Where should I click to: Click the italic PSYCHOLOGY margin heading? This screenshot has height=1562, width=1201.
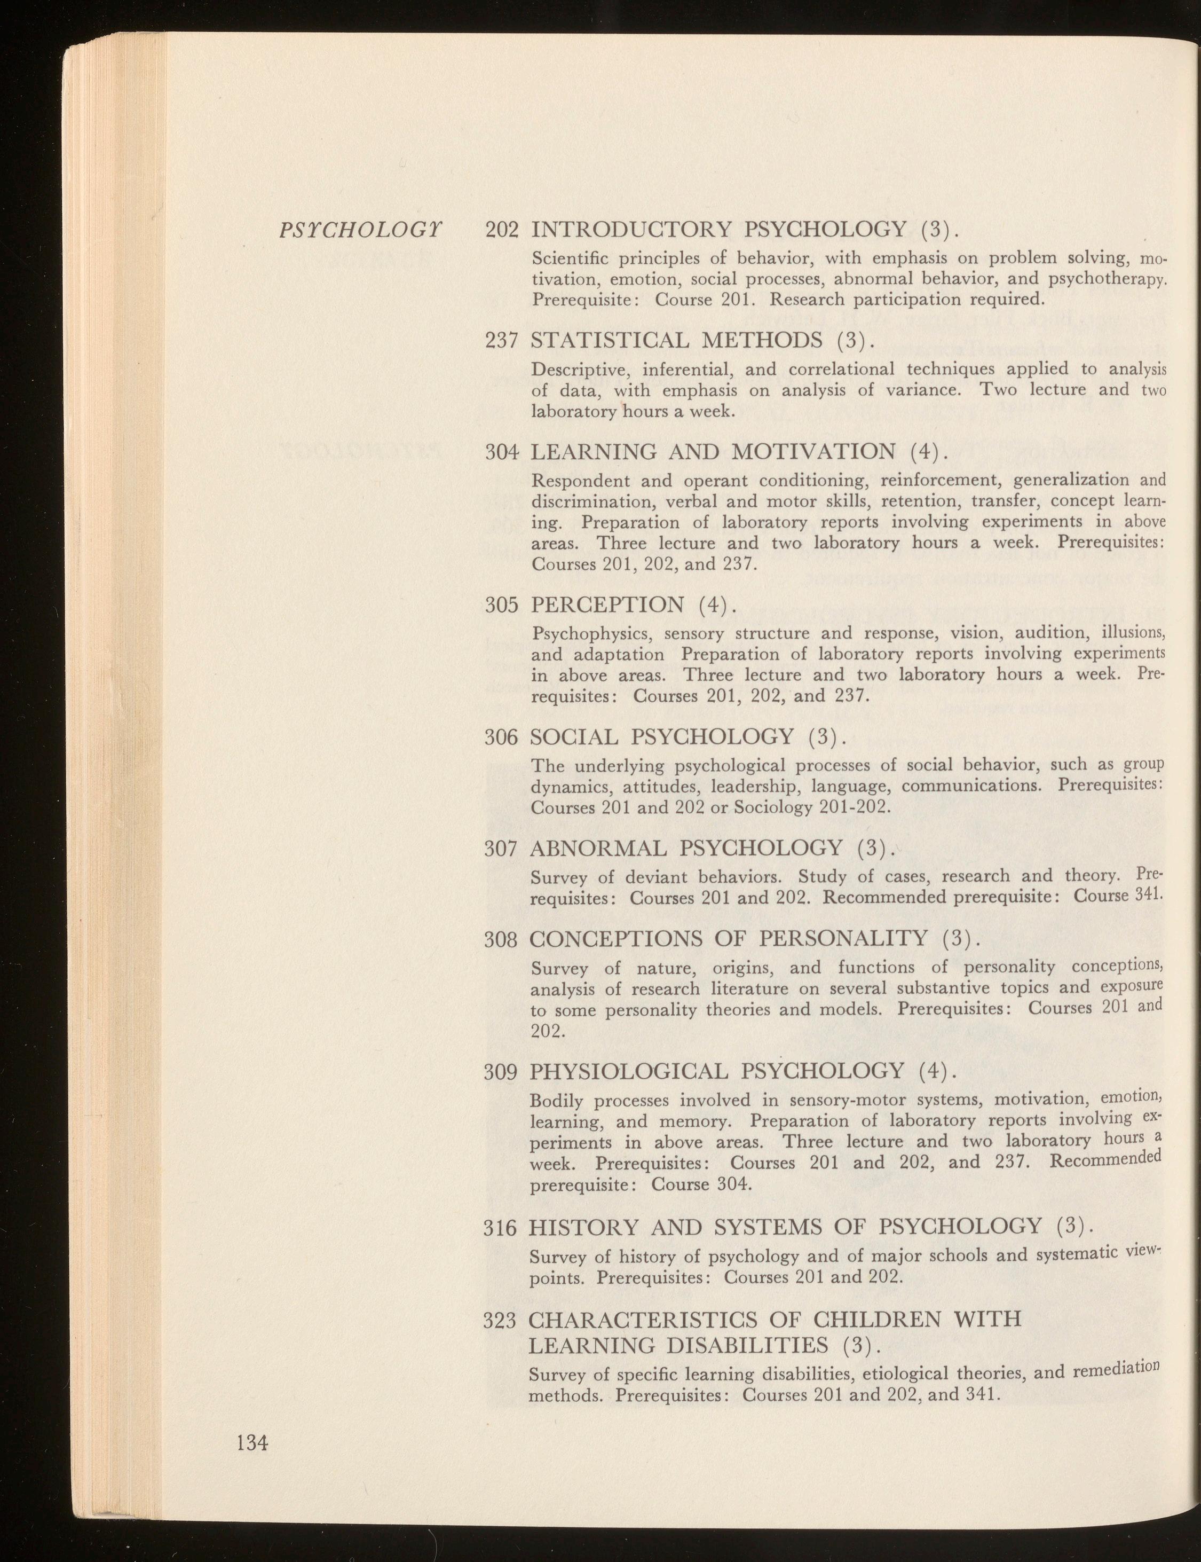pyautogui.click(x=360, y=230)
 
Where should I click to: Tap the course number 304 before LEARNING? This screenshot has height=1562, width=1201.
pyautogui.click(x=501, y=452)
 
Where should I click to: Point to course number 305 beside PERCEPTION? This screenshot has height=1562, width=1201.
pyautogui.click(x=501, y=605)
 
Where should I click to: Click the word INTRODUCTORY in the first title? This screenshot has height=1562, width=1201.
pyautogui.click(x=632, y=230)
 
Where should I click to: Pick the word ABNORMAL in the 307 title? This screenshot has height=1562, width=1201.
pyautogui.click(x=598, y=848)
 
